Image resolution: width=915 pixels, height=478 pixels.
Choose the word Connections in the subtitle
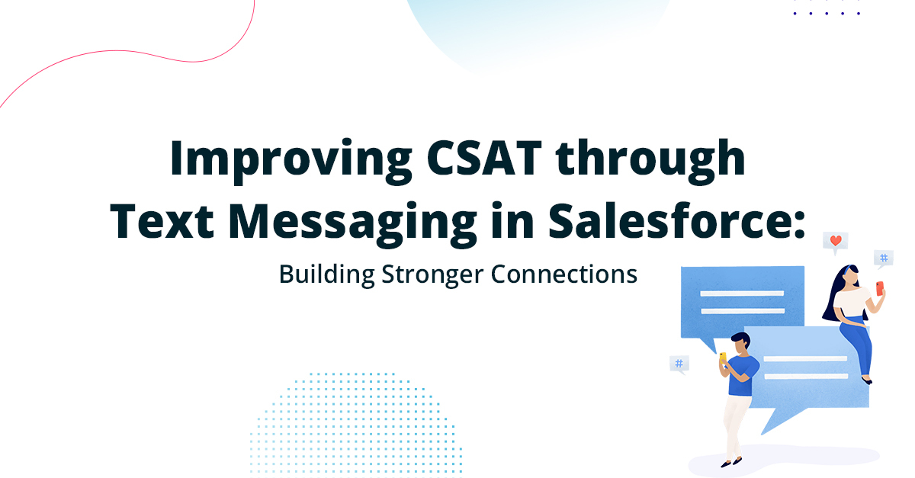[563, 273]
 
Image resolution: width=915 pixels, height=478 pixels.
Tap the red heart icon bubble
[835, 242]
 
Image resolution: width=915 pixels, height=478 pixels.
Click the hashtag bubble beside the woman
[884, 258]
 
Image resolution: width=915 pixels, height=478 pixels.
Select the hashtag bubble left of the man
[679, 363]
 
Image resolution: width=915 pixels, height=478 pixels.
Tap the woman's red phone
[880, 288]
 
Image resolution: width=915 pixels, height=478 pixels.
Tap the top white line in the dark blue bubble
[742, 294]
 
